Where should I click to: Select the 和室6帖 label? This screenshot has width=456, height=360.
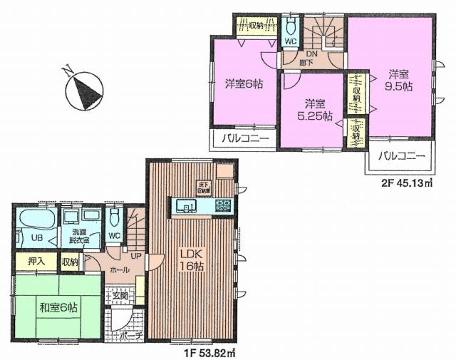[58, 308]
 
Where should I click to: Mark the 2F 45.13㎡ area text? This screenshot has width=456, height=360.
[408, 182]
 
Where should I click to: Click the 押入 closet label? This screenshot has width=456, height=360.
[36, 262]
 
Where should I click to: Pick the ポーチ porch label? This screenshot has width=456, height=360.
[128, 334]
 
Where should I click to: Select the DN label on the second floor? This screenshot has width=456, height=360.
[311, 53]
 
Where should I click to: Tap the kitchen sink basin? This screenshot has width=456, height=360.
[187, 207]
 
